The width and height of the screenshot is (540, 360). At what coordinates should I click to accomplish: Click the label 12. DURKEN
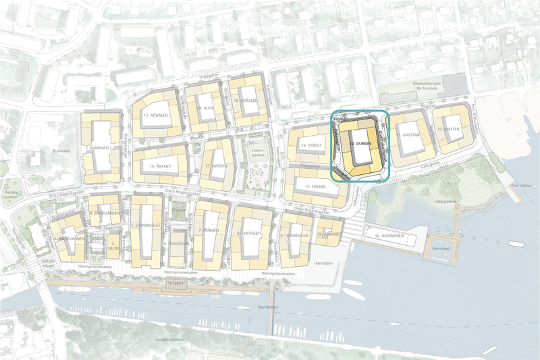coord(362,143)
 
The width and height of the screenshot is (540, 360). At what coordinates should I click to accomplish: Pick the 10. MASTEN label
coord(448,128)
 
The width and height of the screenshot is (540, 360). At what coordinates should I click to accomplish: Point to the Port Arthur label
coord(522,188)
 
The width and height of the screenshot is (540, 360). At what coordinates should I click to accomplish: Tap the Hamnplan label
coord(323,262)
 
